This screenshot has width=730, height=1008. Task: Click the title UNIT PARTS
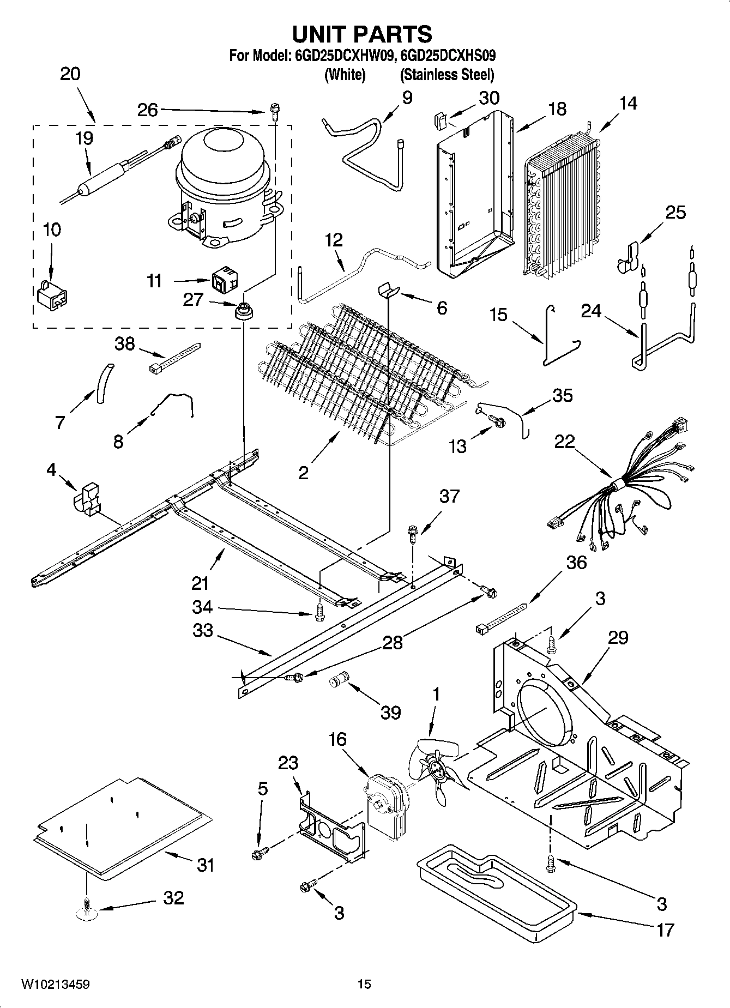pos(362,34)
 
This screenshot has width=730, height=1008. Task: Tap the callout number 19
pos(84,138)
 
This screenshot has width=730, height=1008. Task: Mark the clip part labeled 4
pos(87,497)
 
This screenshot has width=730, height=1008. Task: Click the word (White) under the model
pos(345,75)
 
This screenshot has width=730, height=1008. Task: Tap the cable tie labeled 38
pos(174,357)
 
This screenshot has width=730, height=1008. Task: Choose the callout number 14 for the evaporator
pos(628,104)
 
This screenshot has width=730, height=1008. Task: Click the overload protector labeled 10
pos(52,295)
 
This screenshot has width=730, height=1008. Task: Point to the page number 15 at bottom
pos(364,984)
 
